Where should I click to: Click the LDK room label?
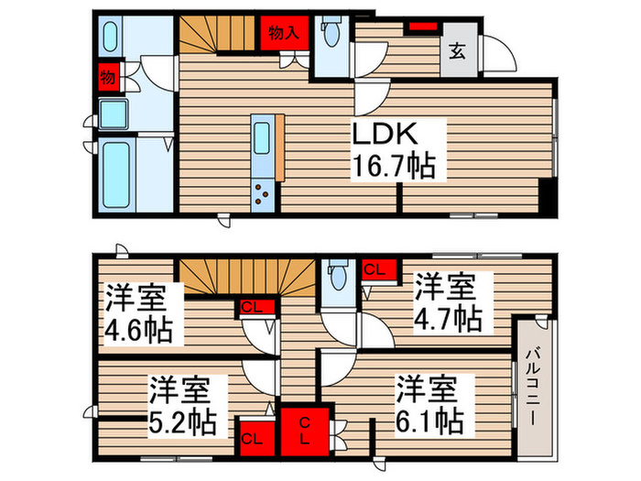tap(386, 135)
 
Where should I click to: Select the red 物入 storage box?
tap(283, 33)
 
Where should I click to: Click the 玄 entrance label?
tap(456, 51)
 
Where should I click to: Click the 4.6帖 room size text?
tap(137, 328)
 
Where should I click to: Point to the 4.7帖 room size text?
tap(446, 319)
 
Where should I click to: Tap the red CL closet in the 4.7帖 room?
tap(375, 269)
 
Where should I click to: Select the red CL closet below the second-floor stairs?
tap(250, 307)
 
